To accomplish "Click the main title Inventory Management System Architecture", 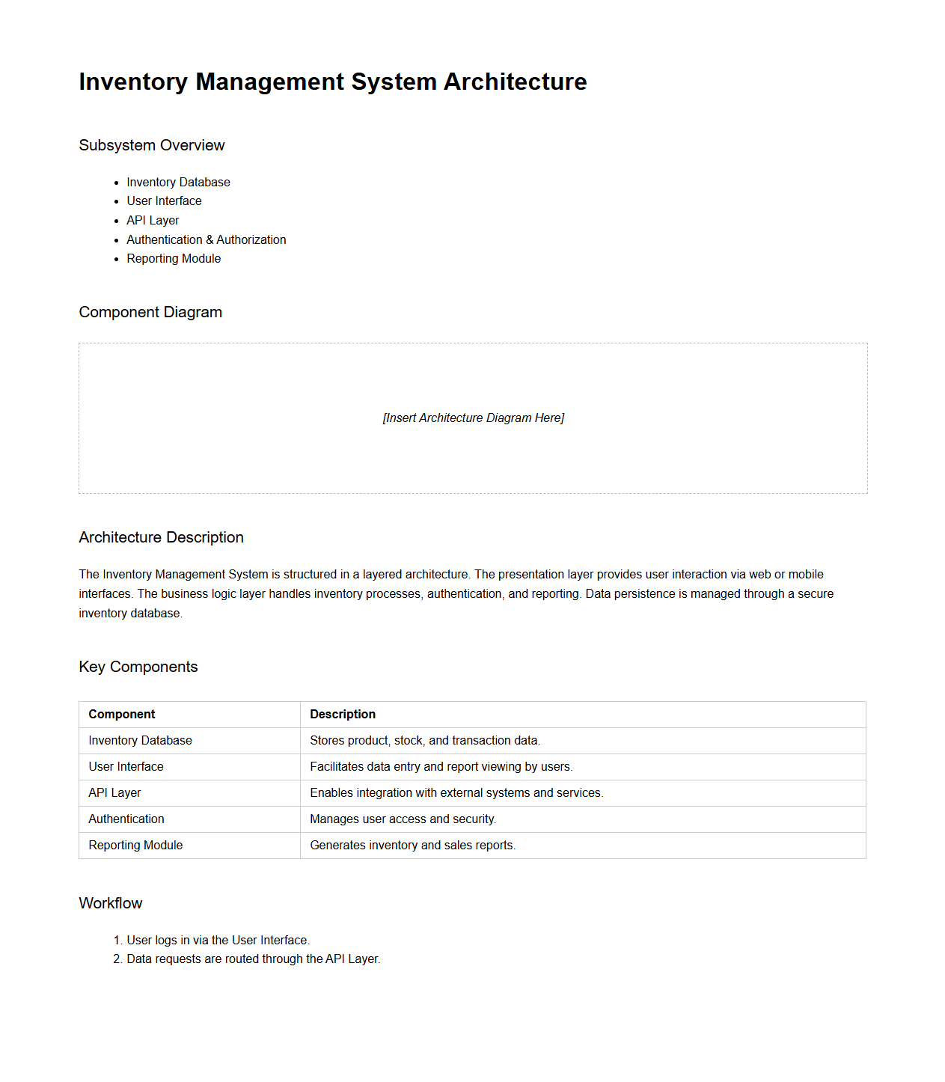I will (x=332, y=82).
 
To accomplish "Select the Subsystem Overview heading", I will (x=151, y=145).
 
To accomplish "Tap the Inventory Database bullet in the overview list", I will (x=178, y=182).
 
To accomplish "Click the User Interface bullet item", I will (x=164, y=201).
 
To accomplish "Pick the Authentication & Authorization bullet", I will (x=206, y=239).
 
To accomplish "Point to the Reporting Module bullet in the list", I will (x=174, y=258).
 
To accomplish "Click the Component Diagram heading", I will (x=150, y=312).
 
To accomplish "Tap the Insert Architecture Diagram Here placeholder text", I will (x=473, y=418).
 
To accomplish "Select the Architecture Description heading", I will (x=161, y=537).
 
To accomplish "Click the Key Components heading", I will (x=138, y=667).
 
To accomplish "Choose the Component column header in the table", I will (x=122, y=714).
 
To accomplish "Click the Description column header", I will (x=343, y=714).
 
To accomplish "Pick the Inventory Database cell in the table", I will (x=140, y=740).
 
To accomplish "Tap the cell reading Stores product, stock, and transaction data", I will (x=424, y=740).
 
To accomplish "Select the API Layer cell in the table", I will (x=114, y=792).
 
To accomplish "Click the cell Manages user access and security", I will (x=403, y=819).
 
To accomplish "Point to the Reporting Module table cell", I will (x=135, y=845).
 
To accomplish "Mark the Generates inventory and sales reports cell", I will (x=412, y=845).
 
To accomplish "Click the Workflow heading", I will (x=111, y=903).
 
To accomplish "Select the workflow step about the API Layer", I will (x=253, y=959).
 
